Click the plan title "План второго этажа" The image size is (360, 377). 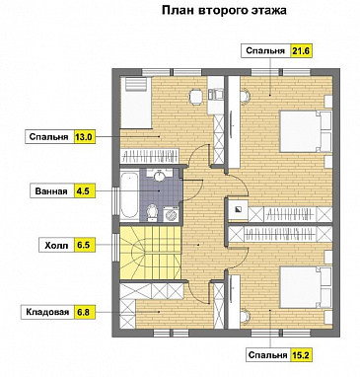pos(224,10)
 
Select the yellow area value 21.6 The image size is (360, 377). pos(301,51)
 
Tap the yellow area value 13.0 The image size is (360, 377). pos(85,137)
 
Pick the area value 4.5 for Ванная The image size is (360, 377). pos(85,191)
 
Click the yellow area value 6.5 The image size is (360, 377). pos(85,246)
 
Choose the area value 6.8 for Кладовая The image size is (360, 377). pos(85,312)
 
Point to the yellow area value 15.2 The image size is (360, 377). pos(301,355)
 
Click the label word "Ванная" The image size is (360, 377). pos(51,191)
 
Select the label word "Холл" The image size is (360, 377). pos(56,246)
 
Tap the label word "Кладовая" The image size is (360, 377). pos(48,312)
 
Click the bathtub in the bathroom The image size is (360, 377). pos(129,196)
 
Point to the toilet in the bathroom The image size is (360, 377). pos(152,213)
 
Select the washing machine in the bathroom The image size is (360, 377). pos(171,215)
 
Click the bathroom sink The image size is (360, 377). pos(160,175)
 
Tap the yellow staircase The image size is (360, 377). pos(151,252)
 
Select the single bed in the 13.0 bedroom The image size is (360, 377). pos(135,103)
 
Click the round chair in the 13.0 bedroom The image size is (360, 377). pos(196,97)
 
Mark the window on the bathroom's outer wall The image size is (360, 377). pos(115,201)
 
